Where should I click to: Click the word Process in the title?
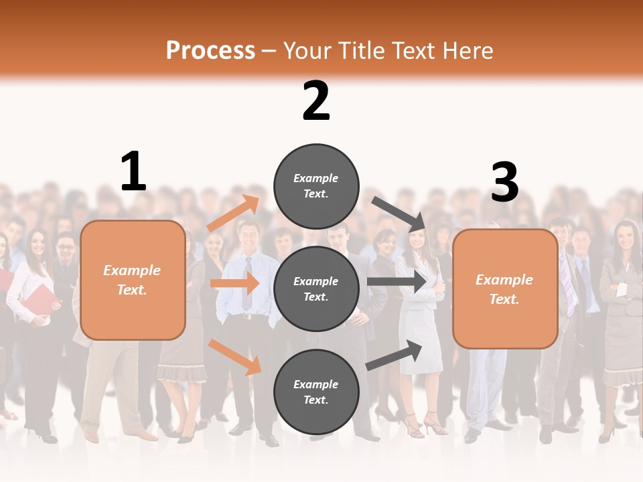click(x=210, y=51)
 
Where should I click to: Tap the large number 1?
click(x=133, y=171)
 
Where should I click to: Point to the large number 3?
click(x=504, y=182)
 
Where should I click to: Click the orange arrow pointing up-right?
click(x=233, y=214)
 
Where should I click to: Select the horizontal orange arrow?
click(x=234, y=284)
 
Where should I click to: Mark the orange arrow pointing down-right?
click(x=234, y=357)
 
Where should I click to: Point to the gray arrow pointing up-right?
click(x=395, y=355)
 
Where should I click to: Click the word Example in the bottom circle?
click(x=316, y=384)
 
